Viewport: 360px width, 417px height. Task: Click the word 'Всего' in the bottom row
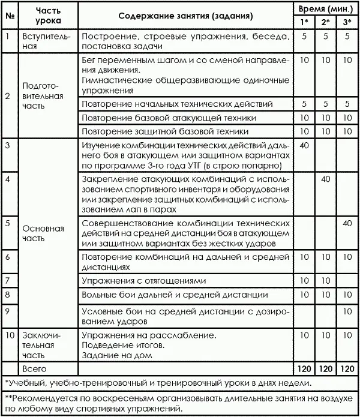point(34,367)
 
